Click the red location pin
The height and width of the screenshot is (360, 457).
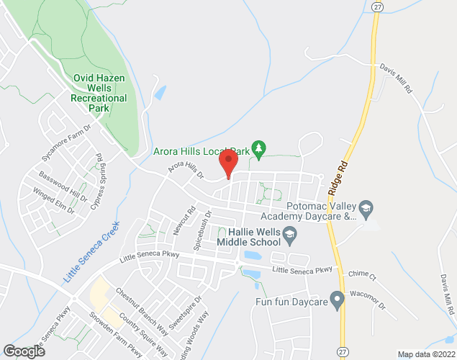[x=228, y=162]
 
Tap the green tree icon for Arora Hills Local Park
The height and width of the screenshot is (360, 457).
[x=260, y=149]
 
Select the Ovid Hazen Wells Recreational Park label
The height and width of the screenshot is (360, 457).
[x=100, y=93]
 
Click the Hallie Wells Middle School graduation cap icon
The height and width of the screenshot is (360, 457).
[x=289, y=233]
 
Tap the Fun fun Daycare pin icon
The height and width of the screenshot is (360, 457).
[x=336, y=297]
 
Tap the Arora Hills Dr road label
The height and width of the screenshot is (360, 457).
[x=186, y=170]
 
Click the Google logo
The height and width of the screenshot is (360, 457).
[x=24, y=351]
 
